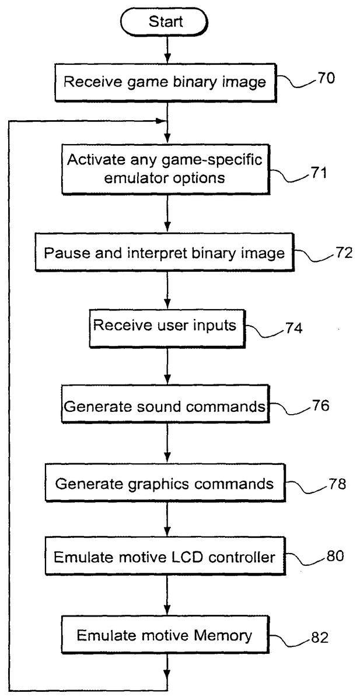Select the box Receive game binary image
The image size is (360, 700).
point(165,82)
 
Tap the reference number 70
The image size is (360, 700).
point(326,78)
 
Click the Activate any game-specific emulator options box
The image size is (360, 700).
point(166,169)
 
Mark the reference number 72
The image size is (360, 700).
point(328,254)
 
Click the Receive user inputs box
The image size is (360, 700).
point(165,327)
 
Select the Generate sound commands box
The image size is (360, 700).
point(165,405)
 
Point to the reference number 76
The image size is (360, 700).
point(320,405)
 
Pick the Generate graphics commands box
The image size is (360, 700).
point(165,484)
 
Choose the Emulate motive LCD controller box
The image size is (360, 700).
point(165,557)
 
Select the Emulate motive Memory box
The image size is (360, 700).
point(165,635)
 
